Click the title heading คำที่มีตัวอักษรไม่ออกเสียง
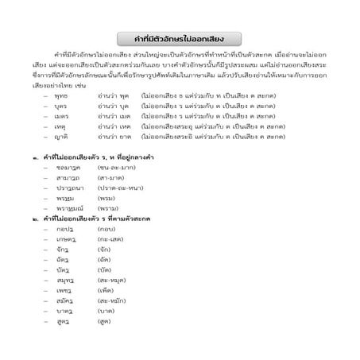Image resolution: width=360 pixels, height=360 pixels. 180,38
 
